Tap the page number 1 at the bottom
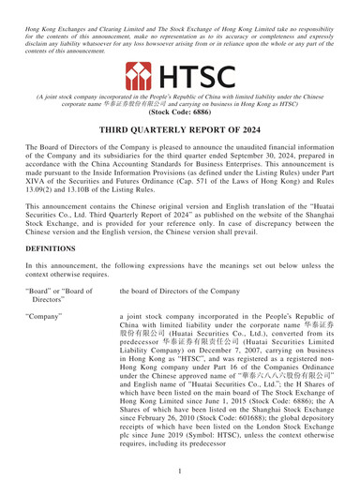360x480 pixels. click(x=180, y=467)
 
